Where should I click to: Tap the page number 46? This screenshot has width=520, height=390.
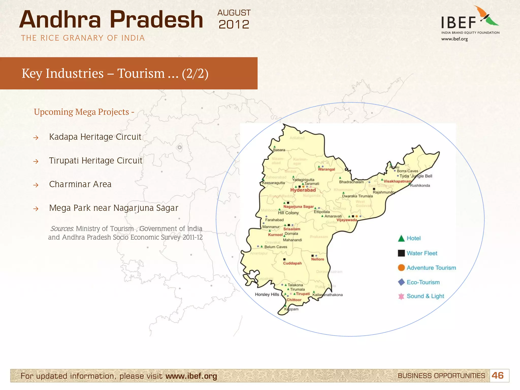click(x=497, y=376)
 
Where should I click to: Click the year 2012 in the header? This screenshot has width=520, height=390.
click(x=234, y=25)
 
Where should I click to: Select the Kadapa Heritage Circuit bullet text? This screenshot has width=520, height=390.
click(x=95, y=137)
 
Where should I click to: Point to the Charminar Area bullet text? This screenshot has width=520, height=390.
click(x=80, y=184)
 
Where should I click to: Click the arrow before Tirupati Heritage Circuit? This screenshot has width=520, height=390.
click(x=36, y=161)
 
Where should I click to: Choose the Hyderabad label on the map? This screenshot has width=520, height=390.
click(x=303, y=190)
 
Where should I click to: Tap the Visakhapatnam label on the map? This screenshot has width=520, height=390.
click(x=397, y=181)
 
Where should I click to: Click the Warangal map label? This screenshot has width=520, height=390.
click(x=327, y=169)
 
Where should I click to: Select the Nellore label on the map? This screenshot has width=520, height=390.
click(x=318, y=259)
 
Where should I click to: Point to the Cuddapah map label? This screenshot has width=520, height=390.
click(x=292, y=263)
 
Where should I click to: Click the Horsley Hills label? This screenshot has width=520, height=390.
click(x=267, y=295)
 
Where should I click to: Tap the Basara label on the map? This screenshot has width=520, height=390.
click(x=279, y=150)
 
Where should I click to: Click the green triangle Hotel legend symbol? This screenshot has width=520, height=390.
click(x=401, y=238)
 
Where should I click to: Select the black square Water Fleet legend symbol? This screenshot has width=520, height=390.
click(x=401, y=253)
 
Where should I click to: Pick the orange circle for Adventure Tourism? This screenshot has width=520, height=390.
click(x=401, y=268)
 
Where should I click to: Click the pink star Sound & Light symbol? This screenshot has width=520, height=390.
click(x=401, y=296)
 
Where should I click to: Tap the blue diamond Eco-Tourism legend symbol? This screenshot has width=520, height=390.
click(x=401, y=282)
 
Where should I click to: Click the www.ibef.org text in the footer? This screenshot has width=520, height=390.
click(x=191, y=376)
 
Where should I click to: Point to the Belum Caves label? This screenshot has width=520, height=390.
click(x=276, y=247)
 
